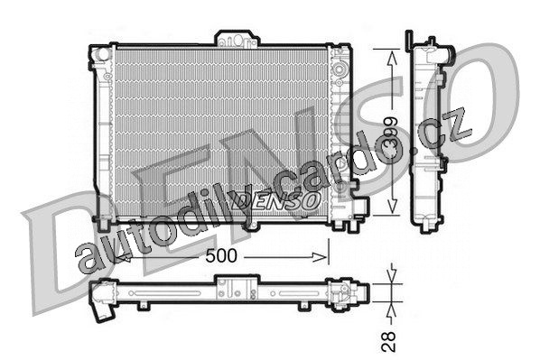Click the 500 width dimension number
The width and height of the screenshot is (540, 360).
point(221,255)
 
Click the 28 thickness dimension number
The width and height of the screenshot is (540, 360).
point(389,341)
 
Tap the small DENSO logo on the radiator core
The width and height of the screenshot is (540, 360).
point(275,200)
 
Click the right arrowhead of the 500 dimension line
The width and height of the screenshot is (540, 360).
point(320,257)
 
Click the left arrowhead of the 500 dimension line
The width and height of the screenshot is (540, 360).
point(121,257)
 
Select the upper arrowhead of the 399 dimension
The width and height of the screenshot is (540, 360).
point(392,58)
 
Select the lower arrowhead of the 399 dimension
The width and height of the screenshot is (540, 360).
point(392,206)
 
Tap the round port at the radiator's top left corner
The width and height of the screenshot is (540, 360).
point(102,54)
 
